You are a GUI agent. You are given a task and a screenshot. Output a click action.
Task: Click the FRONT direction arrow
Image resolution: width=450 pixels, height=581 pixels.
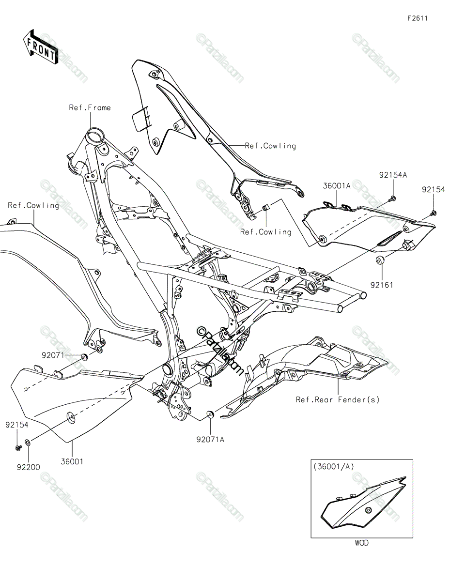[40, 47]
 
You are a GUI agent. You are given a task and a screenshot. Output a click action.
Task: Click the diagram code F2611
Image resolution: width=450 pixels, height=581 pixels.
[418, 18]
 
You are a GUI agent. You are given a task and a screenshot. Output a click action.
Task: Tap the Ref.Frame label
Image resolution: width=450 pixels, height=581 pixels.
[90, 107]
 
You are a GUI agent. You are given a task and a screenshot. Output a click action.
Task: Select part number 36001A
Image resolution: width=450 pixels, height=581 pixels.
[336, 186]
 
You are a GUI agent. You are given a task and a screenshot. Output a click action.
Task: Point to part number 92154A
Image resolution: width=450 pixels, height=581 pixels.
[393, 175]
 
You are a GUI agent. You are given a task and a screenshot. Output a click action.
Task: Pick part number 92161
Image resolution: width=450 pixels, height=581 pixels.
[382, 285]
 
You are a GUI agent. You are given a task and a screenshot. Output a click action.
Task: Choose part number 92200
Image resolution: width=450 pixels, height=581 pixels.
[29, 467]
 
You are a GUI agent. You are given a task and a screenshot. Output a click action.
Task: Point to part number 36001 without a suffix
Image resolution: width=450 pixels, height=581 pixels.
[72, 461]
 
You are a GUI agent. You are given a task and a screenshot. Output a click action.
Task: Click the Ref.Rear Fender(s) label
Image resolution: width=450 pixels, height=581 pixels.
[338, 400]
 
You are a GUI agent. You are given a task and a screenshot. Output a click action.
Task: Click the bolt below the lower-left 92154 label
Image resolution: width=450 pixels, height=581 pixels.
[18, 447]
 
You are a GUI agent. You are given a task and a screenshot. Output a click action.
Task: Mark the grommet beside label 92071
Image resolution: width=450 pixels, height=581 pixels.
[84, 357]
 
